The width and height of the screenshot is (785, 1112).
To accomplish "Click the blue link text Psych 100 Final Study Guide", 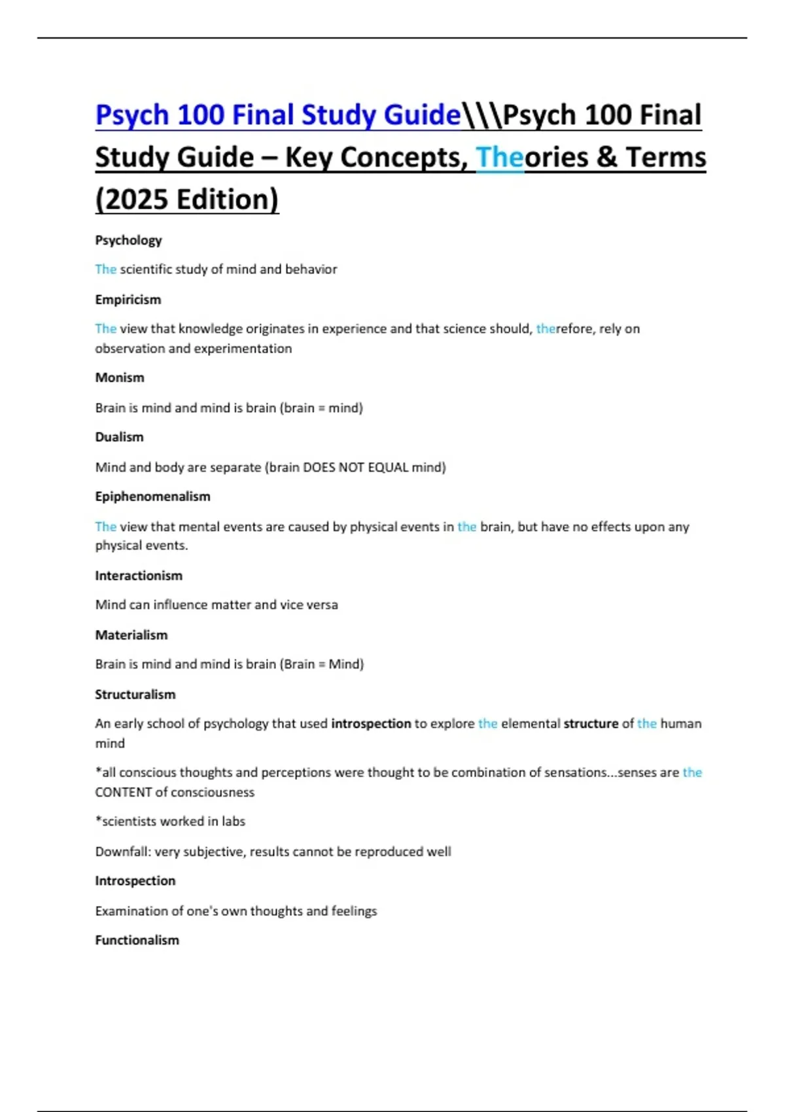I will click(x=278, y=115).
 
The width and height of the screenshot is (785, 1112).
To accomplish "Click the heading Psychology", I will click(x=128, y=240).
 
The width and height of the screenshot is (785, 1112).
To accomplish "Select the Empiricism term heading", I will click(x=128, y=300).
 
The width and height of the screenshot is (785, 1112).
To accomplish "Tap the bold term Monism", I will click(x=120, y=377).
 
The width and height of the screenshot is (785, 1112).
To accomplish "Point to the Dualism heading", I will click(x=119, y=437).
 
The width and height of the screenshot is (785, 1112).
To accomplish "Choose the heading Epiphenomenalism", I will click(x=152, y=496).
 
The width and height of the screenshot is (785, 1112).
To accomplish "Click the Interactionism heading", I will click(x=139, y=576).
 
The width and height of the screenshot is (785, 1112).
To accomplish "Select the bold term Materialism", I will click(x=131, y=635).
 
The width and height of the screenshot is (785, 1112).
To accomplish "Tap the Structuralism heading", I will click(x=135, y=695).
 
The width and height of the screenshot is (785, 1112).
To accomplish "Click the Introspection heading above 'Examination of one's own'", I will click(x=135, y=881).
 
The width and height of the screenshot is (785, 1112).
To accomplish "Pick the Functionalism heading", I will click(x=137, y=941).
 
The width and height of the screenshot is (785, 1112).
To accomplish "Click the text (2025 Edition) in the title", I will click(x=187, y=200).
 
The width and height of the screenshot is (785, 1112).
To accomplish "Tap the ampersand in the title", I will click(x=607, y=158).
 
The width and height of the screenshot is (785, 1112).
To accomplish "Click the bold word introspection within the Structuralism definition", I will click(x=371, y=723).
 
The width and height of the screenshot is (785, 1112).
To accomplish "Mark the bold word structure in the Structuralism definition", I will click(x=591, y=723).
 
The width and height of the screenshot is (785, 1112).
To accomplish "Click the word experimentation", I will click(x=251, y=349).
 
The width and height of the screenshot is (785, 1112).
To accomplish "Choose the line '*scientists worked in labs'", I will click(x=170, y=822).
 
